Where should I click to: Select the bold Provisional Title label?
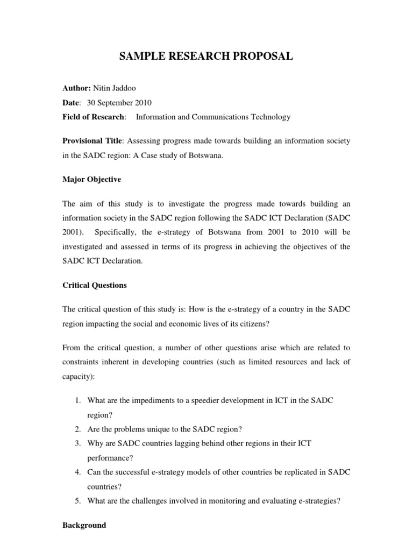pyautogui.click(x=93, y=140)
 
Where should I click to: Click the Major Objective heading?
pyautogui.click(x=92, y=179)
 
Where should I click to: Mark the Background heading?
pyautogui.click(x=84, y=525)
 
